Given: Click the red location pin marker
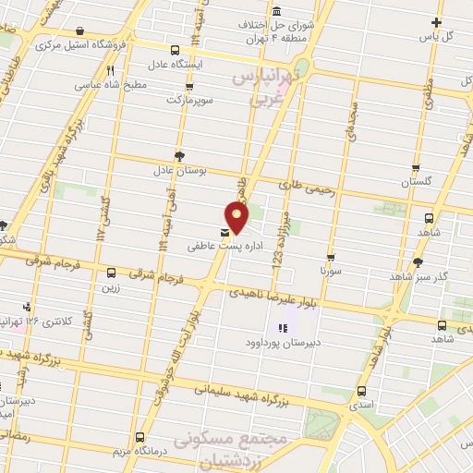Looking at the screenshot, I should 237,215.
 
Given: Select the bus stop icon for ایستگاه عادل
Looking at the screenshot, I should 176,50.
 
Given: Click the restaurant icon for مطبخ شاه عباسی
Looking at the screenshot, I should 110,69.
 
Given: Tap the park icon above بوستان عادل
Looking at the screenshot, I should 178,156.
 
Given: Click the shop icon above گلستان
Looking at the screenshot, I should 416,168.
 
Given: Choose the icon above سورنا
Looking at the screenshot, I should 330,257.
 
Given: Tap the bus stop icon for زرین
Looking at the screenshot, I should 111,273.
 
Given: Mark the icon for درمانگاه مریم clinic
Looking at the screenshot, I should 139,437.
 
